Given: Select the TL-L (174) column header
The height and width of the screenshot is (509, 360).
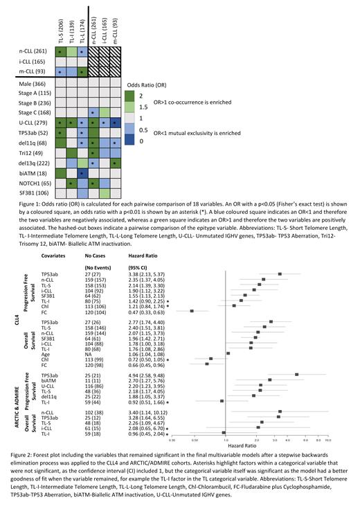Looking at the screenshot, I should (82, 26).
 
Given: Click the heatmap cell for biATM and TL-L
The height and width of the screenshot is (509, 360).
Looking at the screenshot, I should (82, 172).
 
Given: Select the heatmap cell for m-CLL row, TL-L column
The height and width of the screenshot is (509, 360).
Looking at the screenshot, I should (82, 71).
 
